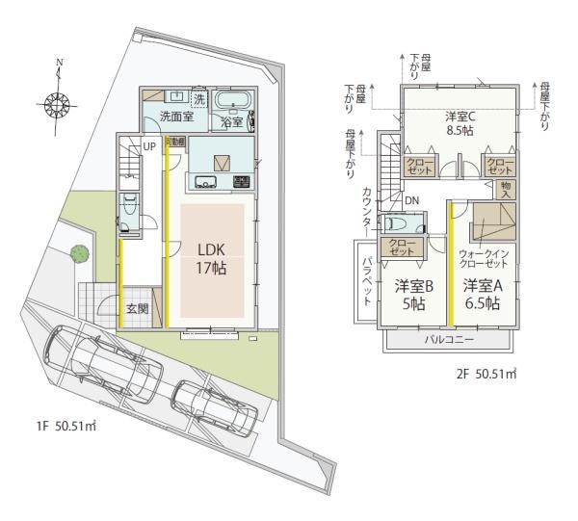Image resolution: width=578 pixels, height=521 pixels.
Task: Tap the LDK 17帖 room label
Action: click(x=212, y=258)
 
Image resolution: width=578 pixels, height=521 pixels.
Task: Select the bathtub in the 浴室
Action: click(x=231, y=102)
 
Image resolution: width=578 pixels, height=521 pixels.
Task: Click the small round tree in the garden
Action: click(x=78, y=253)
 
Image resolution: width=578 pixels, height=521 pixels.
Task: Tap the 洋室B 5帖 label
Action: click(x=415, y=294)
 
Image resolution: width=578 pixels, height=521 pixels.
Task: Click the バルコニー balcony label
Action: click(x=447, y=341)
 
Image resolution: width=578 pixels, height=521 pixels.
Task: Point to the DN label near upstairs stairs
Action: click(x=412, y=200)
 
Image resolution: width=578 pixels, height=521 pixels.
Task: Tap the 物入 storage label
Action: click(x=509, y=189)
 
